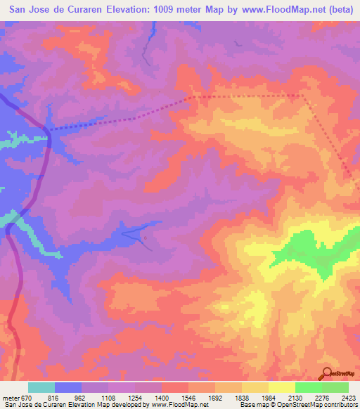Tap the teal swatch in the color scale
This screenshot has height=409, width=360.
coord(41,387)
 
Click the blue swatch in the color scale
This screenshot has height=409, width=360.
coord(68,387)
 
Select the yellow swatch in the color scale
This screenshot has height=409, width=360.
coord(281,387)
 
